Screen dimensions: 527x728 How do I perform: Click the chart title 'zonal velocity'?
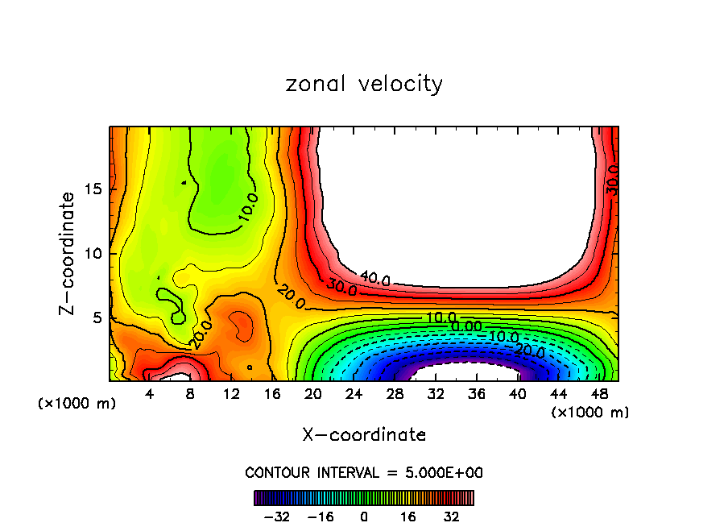[x=364, y=84]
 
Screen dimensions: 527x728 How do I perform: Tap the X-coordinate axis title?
[x=364, y=435]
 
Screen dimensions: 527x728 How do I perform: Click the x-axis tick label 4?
[x=149, y=395]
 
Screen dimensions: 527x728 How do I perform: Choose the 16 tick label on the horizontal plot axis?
[x=271, y=395]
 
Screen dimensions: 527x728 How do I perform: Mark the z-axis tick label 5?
[x=99, y=317]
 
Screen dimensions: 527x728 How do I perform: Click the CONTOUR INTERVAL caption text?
[x=364, y=472]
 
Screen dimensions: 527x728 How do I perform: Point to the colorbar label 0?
[x=364, y=516]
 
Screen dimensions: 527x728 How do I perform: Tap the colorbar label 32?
[x=451, y=516]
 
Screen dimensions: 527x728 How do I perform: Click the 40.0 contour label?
[x=374, y=280]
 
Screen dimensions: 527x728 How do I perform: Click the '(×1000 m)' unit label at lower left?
[x=77, y=404]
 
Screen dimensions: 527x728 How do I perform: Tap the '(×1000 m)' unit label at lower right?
[x=590, y=413]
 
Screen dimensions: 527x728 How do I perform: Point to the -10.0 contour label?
[x=503, y=336]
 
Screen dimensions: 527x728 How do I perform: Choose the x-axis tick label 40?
[x=518, y=395]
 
